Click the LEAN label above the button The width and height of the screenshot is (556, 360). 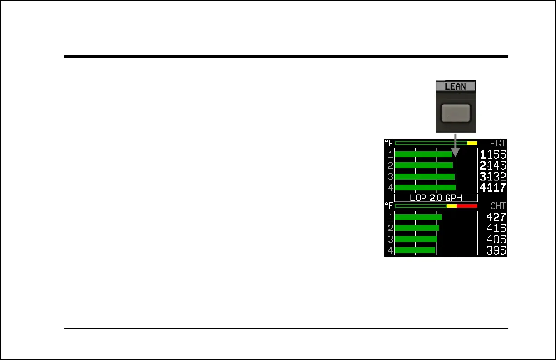tap(455, 86)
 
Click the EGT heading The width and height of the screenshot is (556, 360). tap(498, 144)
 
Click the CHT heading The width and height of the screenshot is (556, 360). tap(498, 206)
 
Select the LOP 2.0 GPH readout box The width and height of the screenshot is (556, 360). tap(436, 198)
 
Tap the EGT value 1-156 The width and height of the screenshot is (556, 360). tap(493, 155)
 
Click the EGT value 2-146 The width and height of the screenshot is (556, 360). tap(493, 165)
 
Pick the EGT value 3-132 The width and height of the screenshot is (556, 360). tap(493, 177)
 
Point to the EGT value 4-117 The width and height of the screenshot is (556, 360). tap(493, 188)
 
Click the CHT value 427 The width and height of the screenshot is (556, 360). tap(496, 217)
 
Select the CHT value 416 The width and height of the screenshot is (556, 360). tap(496, 228)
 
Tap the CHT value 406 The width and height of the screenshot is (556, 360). tap(496, 240)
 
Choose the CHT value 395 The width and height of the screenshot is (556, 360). tap(496, 250)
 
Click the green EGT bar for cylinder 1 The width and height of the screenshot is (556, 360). tap(423, 155)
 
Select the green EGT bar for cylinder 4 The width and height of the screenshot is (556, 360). tap(425, 188)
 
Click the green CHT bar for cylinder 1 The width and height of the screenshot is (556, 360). tap(418, 217)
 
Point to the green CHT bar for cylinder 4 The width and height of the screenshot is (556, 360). tap(415, 250)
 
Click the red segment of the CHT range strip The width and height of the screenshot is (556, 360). tap(467, 206)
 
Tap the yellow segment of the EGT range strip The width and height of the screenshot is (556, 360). tap(472, 143)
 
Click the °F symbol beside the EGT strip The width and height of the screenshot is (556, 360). tap(389, 143)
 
